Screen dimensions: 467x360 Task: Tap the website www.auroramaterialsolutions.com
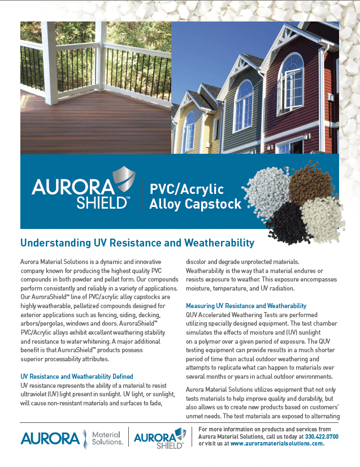click(277, 444)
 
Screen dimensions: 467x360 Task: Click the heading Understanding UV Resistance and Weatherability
click(137, 243)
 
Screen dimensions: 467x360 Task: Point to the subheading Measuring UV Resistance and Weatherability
click(246, 305)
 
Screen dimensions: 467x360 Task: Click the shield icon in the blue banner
click(124, 180)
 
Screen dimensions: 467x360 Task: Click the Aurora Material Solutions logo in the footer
click(71, 438)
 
